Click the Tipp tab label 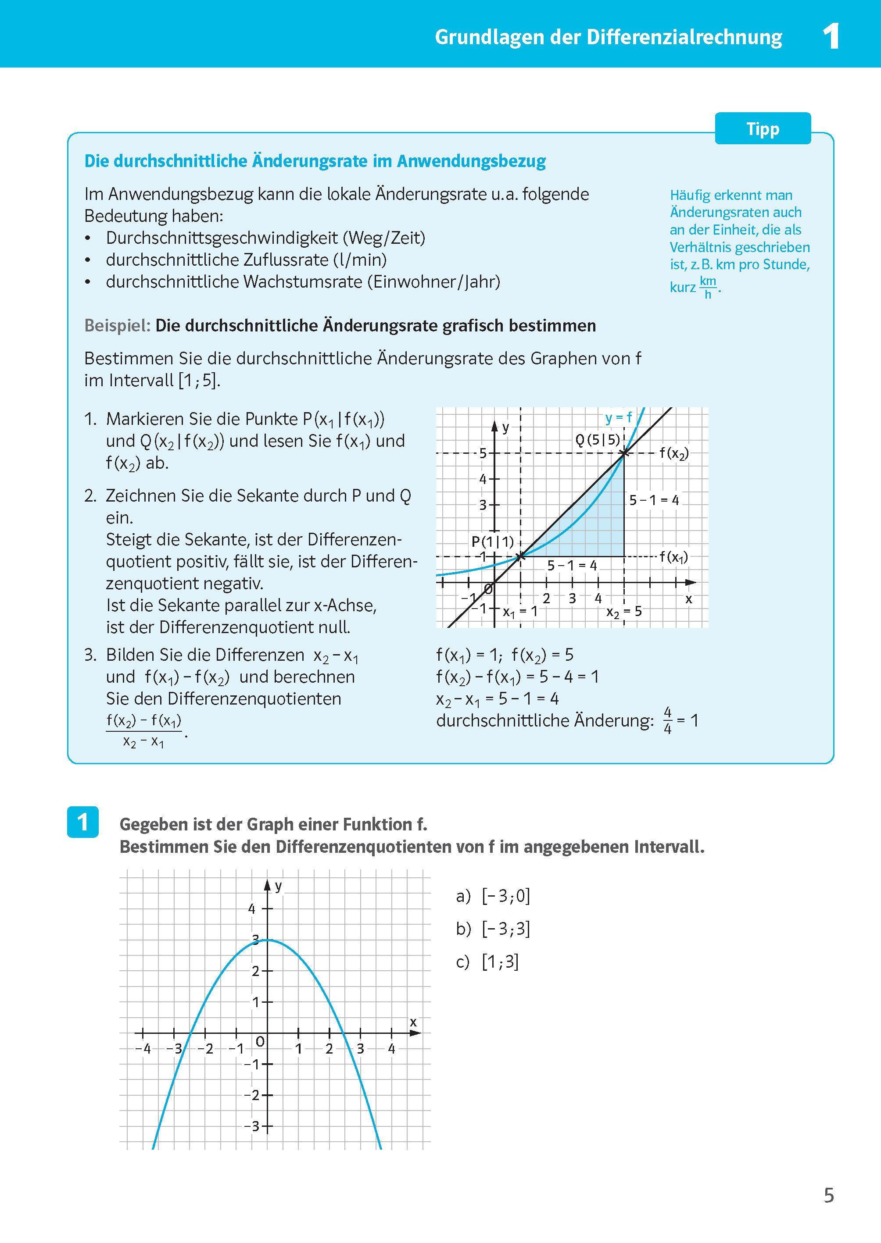pyautogui.click(x=762, y=129)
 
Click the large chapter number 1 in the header pyautogui.click(x=831, y=37)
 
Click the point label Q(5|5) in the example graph pyautogui.click(x=597, y=440)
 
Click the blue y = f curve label pyautogui.click(x=619, y=417)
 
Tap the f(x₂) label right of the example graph pyautogui.click(x=674, y=453)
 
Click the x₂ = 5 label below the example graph pyautogui.click(x=624, y=612)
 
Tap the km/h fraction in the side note pyautogui.click(x=708, y=287)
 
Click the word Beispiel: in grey pyautogui.click(x=117, y=326)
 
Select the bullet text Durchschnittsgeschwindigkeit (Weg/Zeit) pyautogui.click(x=265, y=238)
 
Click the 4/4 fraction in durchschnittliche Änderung pyautogui.click(x=667, y=721)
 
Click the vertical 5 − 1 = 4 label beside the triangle pyautogui.click(x=654, y=500)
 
